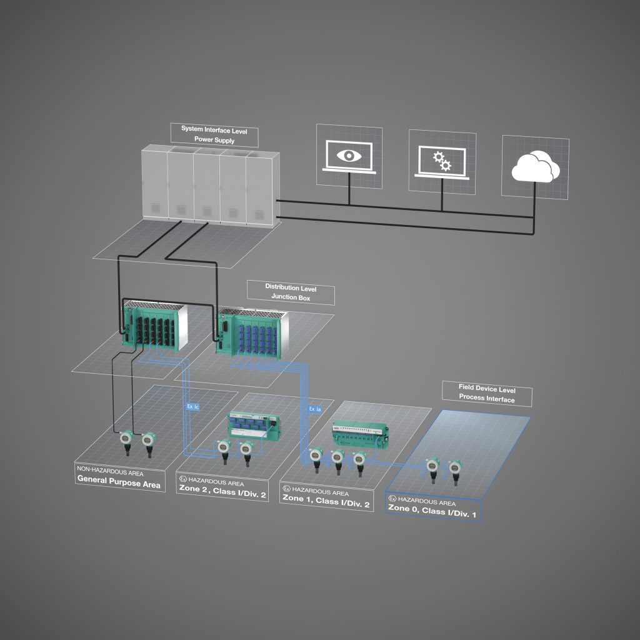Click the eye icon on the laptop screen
click(349, 156)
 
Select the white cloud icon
click(535, 167)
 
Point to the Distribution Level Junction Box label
click(291, 293)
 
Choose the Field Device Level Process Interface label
click(486, 393)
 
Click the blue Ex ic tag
click(192, 407)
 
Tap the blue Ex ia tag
click(315, 409)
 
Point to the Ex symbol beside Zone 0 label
click(392, 499)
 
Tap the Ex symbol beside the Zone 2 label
click(182, 482)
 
